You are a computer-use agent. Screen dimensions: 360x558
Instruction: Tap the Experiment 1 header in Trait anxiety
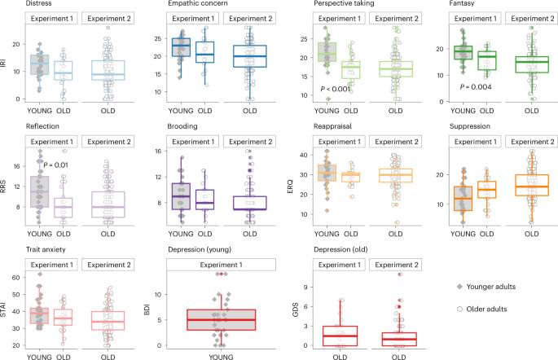(47, 259)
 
